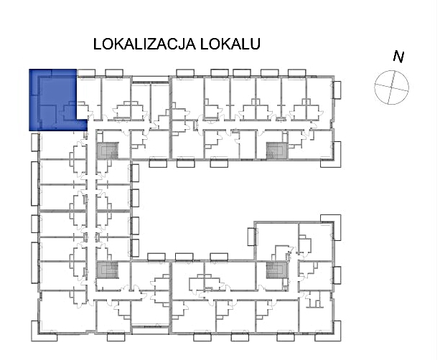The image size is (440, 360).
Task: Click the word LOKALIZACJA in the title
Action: pyautogui.click(x=144, y=44)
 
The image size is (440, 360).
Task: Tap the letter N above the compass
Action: pyautogui.click(x=398, y=57)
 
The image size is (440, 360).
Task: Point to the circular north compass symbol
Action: pyautogui.click(x=391, y=87)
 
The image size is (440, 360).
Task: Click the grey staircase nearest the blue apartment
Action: pyautogui.click(x=108, y=151)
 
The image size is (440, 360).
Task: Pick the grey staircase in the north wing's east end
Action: pyautogui.click(x=277, y=151)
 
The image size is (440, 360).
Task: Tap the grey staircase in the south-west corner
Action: pyautogui.click(x=108, y=270)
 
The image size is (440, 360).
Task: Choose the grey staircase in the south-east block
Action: pyautogui.click(x=276, y=270)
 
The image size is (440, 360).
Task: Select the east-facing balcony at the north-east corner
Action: pyautogui.click(x=337, y=90)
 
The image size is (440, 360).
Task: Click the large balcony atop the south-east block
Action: pyautogui.click(x=331, y=219)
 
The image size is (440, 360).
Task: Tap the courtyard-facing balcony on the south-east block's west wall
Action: pyautogui.click(x=252, y=237)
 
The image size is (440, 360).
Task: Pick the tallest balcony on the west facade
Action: pyautogui.click(x=34, y=184)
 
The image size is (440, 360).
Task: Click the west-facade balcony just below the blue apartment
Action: pyautogui.click(x=34, y=143)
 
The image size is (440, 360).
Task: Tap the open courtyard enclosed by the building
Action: pyautogui.click(x=197, y=207)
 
